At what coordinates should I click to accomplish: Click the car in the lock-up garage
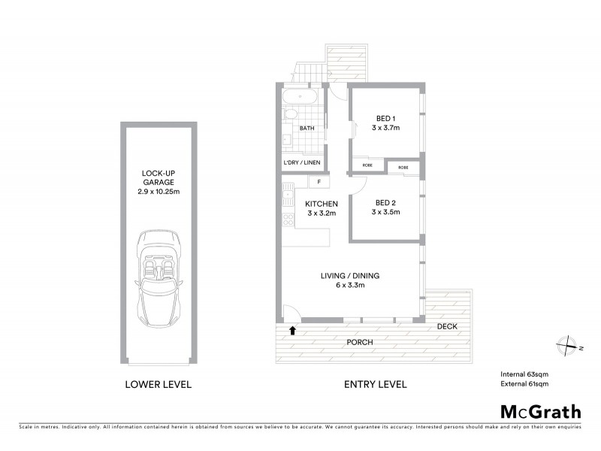point(158,279)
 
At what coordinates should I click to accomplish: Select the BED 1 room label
point(385,117)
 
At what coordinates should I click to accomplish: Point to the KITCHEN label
point(321,204)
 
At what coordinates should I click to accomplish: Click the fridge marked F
point(319,182)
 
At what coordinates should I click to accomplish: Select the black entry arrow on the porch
point(293,329)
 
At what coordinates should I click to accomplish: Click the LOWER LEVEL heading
point(158,385)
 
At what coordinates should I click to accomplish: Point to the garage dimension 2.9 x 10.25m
point(158,192)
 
